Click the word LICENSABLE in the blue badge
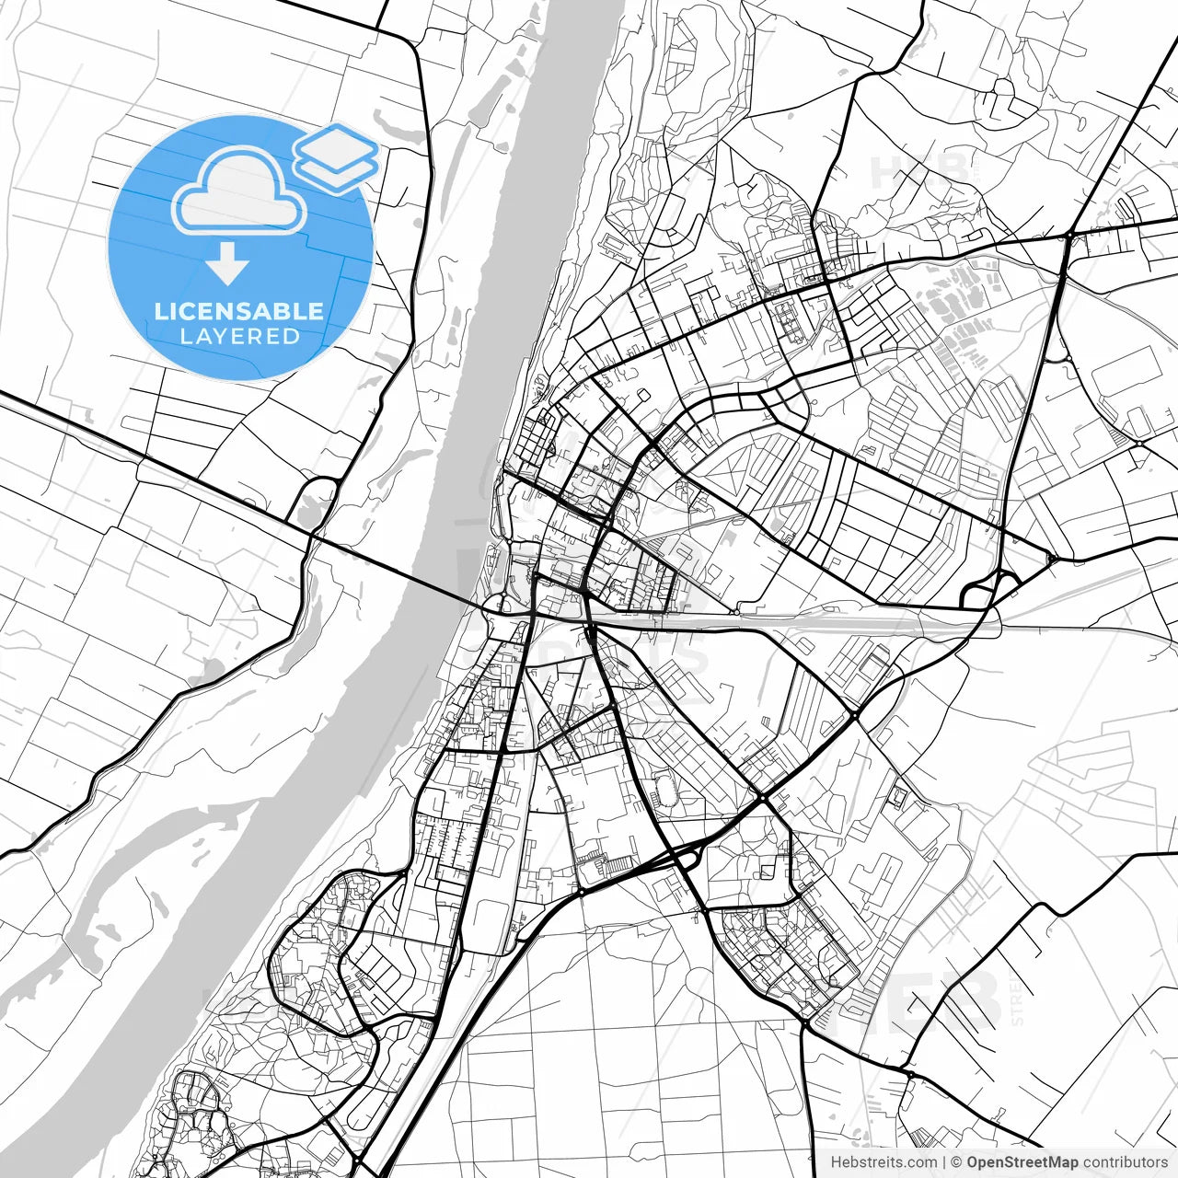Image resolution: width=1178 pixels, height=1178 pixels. click(x=239, y=311)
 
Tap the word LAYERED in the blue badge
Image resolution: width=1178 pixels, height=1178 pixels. click(x=239, y=337)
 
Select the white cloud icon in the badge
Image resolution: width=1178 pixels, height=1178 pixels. click(x=239, y=191)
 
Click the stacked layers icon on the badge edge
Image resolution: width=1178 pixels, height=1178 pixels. click(x=336, y=156)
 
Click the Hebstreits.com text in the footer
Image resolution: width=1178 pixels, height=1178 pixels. click(x=884, y=1161)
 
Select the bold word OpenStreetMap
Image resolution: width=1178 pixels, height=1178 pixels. click(x=1022, y=1161)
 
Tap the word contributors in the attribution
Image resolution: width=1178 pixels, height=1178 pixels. click(x=1125, y=1161)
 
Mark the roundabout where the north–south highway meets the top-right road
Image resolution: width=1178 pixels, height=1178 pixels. click(x=1068, y=237)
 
